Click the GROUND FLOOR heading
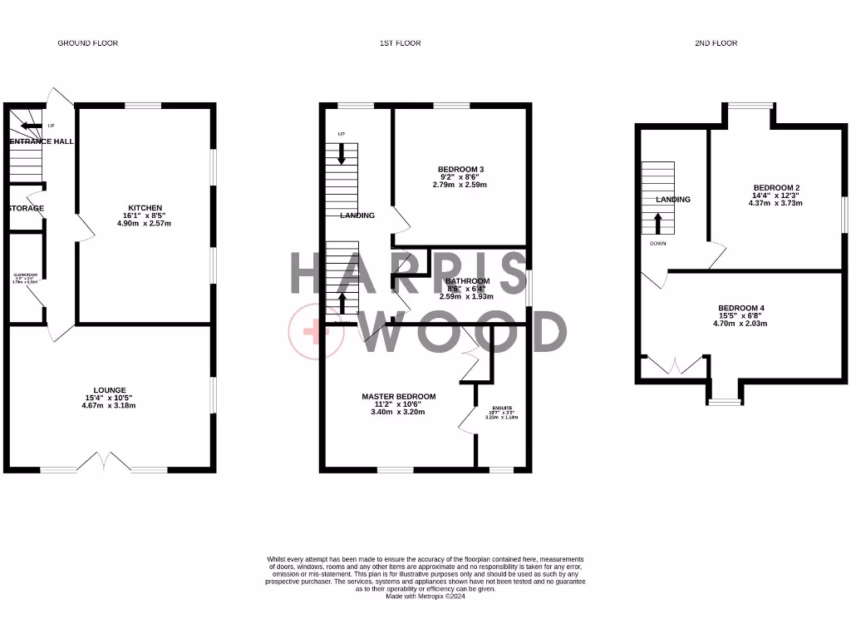click(x=86, y=42)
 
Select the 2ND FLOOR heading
click(x=716, y=42)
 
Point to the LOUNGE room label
click(x=110, y=389)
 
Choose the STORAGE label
click(x=25, y=208)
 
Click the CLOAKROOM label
click(x=25, y=275)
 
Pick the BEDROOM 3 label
click(x=462, y=169)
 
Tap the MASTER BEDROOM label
click(x=398, y=396)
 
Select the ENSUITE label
click(x=501, y=408)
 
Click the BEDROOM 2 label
click(x=776, y=187)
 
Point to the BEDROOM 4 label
click(x=741, y=308)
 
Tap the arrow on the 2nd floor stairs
click(x=658, y=223)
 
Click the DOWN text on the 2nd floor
click(x=657, y=245)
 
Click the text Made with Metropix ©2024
click(x=425, y=596)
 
